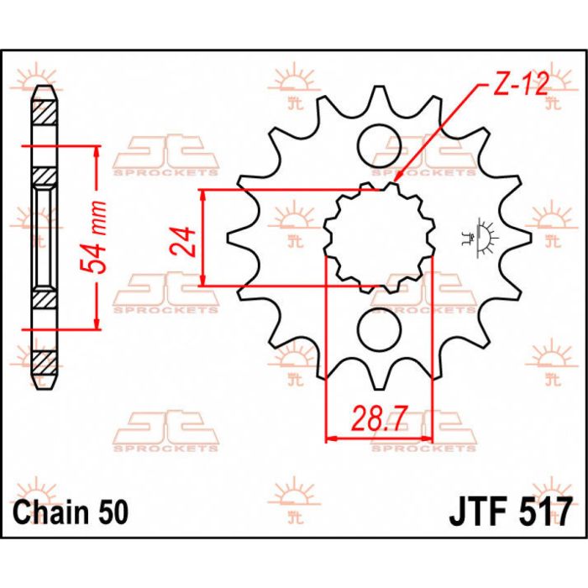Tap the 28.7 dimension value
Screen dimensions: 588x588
pos(378,417)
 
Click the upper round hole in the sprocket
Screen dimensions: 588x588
pos(378,148)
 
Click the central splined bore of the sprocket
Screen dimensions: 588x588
pos(378,238)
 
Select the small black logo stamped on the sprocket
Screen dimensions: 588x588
pos(484,237)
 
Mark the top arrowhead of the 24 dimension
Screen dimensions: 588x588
pos(204,196)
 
